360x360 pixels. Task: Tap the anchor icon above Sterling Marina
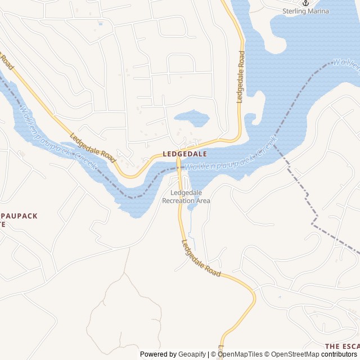pos(305,3)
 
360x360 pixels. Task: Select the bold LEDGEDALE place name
pos(184,154)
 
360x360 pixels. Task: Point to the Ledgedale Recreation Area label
pos(186,196)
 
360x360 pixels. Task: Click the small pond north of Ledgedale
pos(191,118)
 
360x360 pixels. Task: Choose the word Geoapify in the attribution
pos(192,354)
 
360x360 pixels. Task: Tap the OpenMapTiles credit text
pos(240,354)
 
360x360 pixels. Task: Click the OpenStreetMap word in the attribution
pos(295,354)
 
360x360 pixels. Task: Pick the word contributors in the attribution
pos(339,354)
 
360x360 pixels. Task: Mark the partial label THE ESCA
pos(342,345)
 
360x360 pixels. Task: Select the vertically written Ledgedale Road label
pos(240,76)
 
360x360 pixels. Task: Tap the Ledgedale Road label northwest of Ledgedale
pos(92,148)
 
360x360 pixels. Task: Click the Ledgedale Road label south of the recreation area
pos(201,258)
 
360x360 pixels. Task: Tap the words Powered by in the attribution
pos(158,354)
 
